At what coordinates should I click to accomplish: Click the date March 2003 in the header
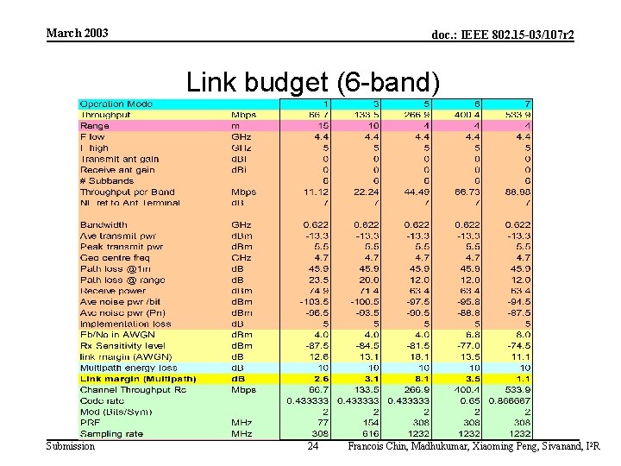(77, 33)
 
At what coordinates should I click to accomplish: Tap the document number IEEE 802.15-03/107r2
(503, 35)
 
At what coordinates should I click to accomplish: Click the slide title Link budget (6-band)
(313, 83)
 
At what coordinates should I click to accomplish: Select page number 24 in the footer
(313, 446)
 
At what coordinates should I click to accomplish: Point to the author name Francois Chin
(377, 446)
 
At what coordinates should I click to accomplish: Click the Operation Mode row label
(116, 104)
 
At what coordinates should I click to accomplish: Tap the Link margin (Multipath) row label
(138, 379)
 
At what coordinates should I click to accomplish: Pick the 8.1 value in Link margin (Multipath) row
(420, 379)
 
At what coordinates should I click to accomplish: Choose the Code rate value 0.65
(469, 401)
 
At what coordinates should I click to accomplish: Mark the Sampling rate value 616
(368, 434)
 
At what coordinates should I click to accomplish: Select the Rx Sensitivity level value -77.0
(467, 346)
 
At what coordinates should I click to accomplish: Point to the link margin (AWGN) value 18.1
(420, 357)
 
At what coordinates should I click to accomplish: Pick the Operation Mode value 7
(526, 104)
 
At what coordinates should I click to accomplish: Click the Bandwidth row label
(103, 225)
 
